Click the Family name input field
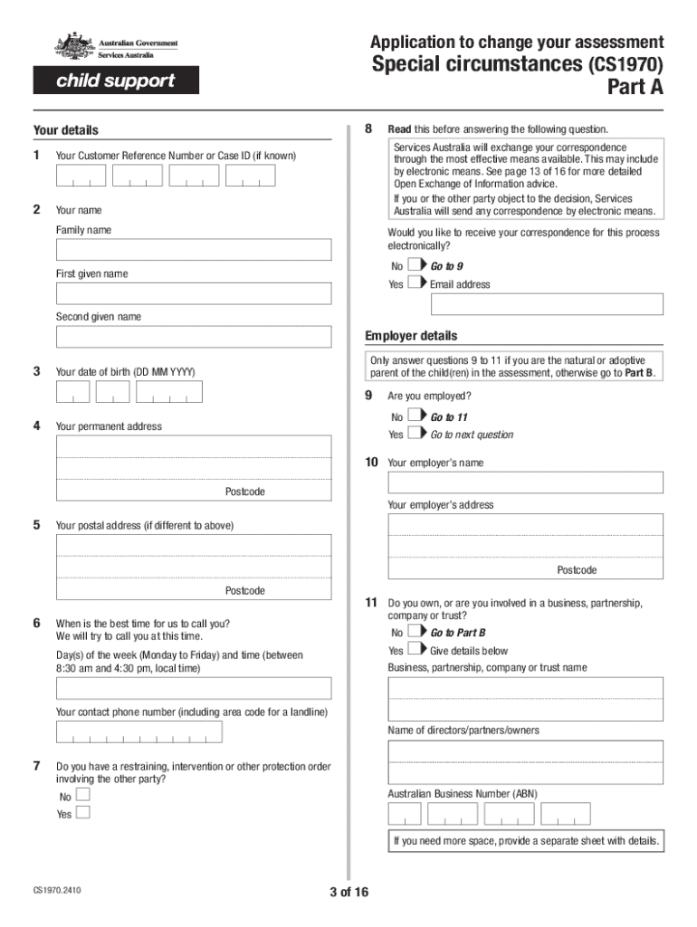(194, 250)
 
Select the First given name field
(194, 293)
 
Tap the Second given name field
(194, 337)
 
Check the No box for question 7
(83, 795)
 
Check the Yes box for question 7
(83, 812)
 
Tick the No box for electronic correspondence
(414, 265)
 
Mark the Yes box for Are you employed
(414, 434)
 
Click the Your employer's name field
(525, 483)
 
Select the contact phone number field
(139, 732)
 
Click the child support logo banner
(116, 81)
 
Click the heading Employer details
(411, 336)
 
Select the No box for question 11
(414, 632)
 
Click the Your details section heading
(66, 130)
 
